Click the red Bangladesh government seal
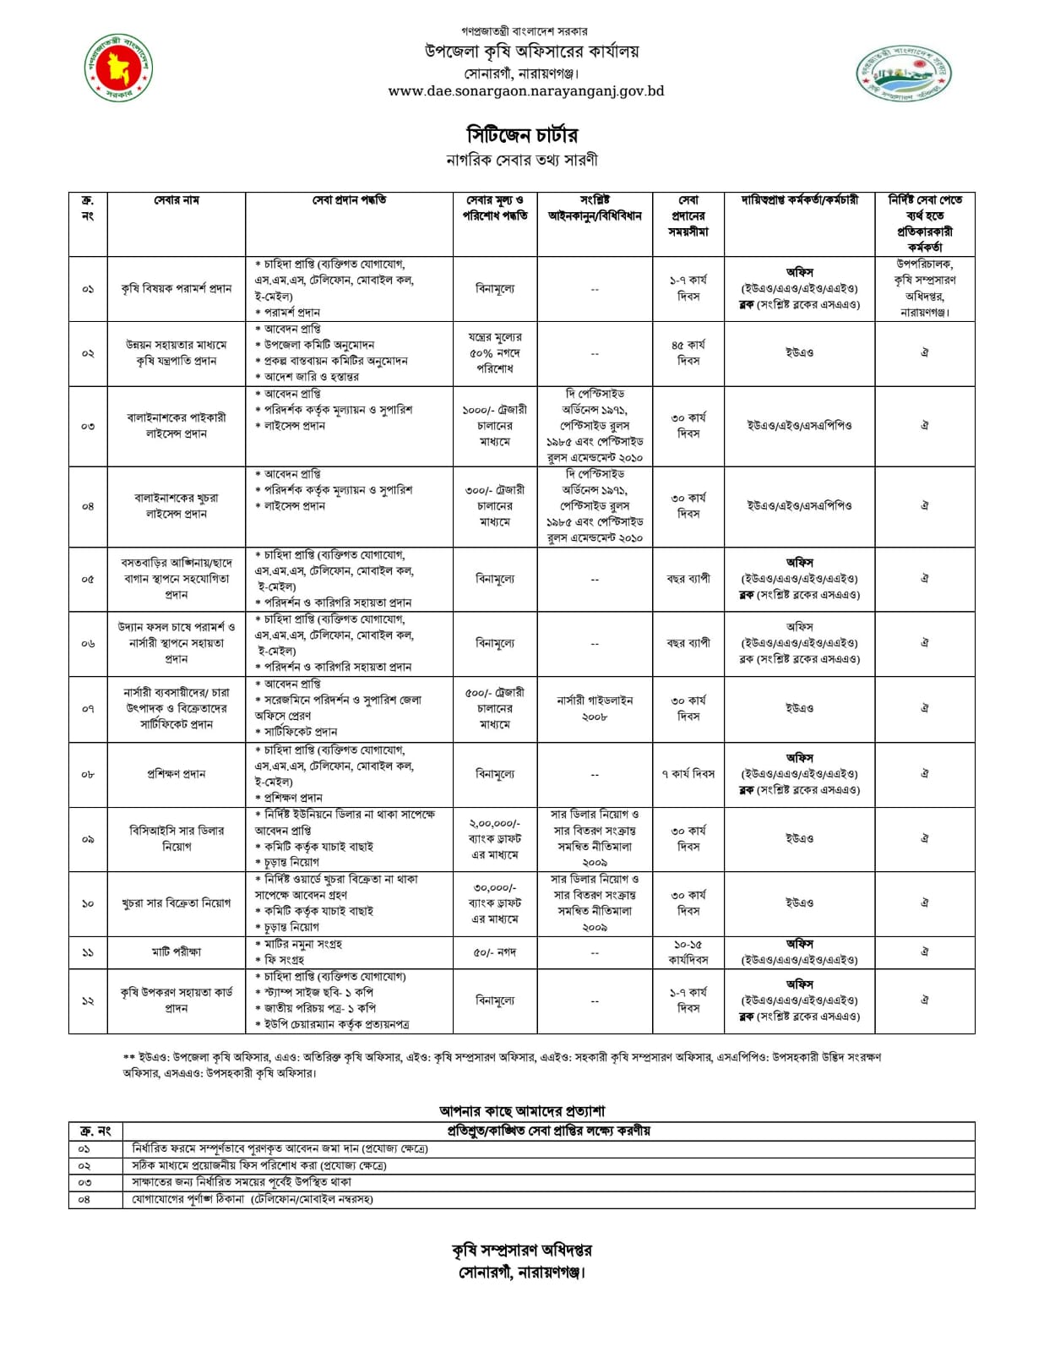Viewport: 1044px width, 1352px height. (119, 68)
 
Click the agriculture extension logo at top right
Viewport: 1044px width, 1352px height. (903, 74)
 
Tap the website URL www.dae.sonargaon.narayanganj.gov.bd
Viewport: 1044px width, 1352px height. (525, 91)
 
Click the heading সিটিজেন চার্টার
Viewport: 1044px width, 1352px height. (522, 135)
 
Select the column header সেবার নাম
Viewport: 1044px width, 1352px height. (176, 200)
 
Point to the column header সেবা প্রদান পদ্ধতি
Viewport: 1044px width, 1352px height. (349, 200)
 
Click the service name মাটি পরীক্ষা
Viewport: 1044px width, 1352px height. (176, 952)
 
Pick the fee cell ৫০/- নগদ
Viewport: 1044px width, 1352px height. (494, 952)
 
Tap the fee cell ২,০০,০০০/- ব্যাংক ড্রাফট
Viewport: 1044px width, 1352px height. (494, 839)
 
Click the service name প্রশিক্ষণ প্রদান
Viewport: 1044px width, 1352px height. (176, 774)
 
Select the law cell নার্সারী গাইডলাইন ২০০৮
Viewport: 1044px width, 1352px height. (595, 708)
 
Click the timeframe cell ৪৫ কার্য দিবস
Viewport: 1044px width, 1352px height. (688, 352)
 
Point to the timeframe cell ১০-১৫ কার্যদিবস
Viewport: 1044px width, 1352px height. (688, 952)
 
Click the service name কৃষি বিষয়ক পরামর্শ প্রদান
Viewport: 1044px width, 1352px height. (176, 289)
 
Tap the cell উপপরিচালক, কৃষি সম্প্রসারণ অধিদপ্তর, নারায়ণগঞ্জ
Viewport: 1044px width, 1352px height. (925, 288)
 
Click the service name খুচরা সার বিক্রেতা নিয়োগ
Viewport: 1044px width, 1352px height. (176, 903)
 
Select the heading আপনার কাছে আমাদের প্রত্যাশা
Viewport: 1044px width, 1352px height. (521, 1111)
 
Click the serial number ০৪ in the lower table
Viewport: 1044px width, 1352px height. (84, 1199)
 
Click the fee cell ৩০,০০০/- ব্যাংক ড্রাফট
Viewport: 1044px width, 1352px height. (494, 903)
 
